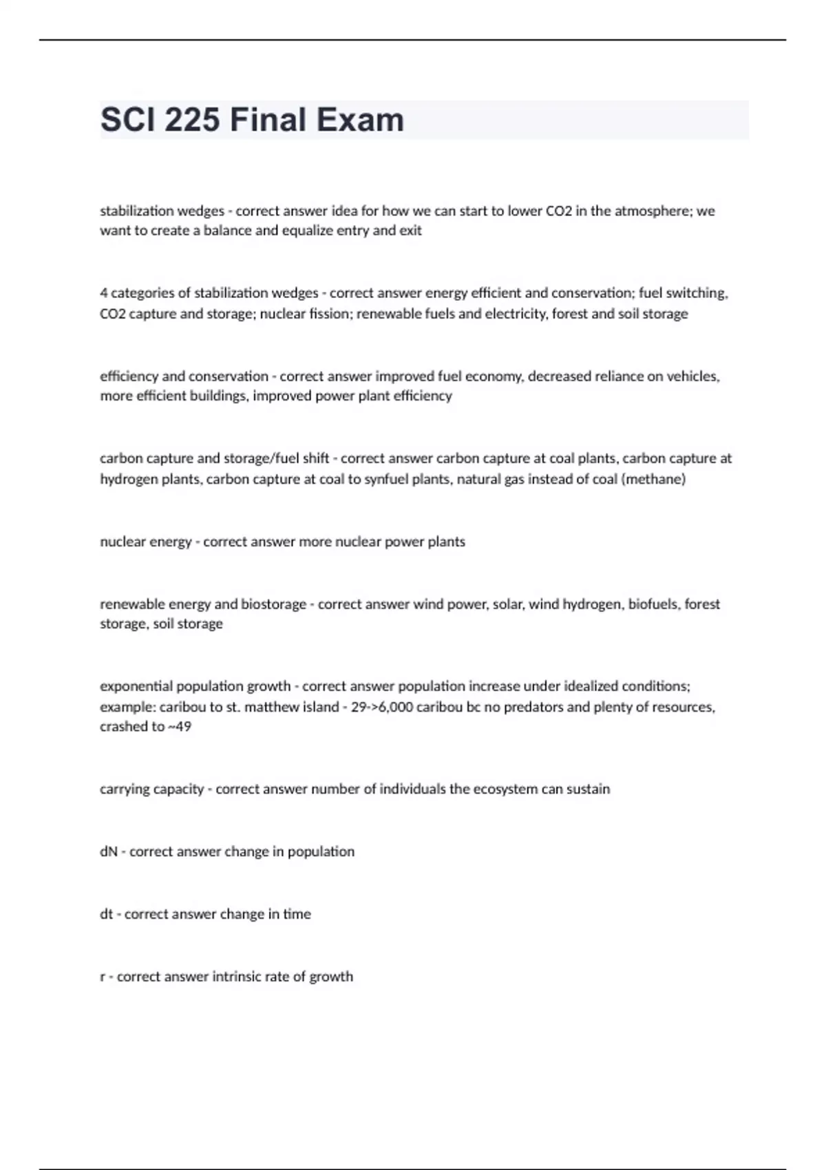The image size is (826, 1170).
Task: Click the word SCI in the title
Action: click(x=127, y=120)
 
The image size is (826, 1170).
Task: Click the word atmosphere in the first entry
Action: click(x=652, y=211)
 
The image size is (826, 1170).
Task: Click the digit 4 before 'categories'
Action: click(x=103, y=293)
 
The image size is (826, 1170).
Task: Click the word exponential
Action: click(x=136, y=686)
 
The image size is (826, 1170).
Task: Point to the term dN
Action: click(x=109, y=852)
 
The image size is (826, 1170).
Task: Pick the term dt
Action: click(x=106, y=915)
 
